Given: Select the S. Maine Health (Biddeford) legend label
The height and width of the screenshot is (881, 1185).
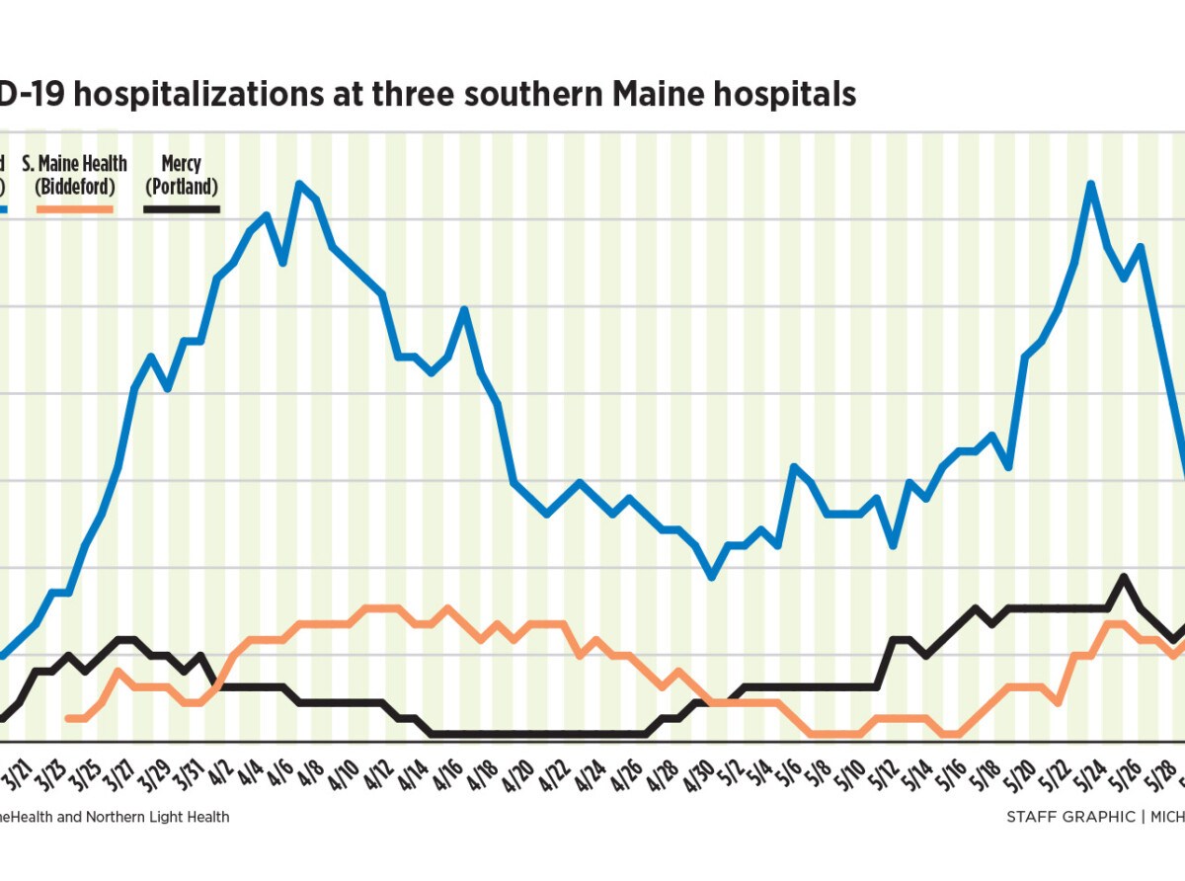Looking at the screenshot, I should click(75, 175).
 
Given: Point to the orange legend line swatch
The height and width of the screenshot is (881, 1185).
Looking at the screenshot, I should click(75, 208).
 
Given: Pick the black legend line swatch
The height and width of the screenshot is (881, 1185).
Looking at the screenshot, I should click(182, 208).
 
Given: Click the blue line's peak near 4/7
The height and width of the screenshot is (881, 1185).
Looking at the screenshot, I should click(299, 184).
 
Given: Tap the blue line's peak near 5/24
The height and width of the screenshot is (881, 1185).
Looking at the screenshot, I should click(1091, 184).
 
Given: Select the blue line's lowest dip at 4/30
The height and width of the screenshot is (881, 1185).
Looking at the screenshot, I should click(712, 577).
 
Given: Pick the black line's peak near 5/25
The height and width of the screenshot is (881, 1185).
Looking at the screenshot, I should click(1123, 577).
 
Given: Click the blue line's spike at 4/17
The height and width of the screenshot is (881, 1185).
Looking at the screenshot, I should click(464, 310).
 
